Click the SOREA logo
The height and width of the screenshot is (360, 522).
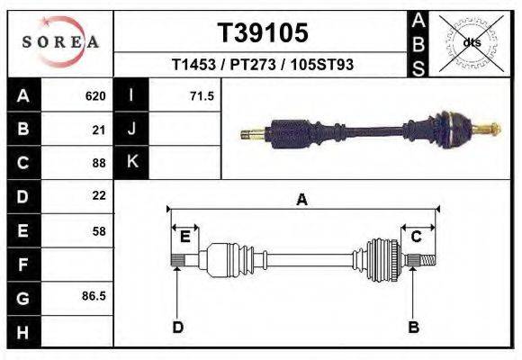pyautogui.click(x=60, y=42)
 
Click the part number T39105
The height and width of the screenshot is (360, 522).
pyautogui.click(x=263, y=32)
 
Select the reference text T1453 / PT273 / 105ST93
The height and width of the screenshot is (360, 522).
pyautogui.click(x=263, y=65)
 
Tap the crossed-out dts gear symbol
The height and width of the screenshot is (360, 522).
pyautogui.click(x=471, y=42)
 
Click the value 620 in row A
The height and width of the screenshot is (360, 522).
pyautogui.click(x=95, y=95)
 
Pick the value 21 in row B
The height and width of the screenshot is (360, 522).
pyautogui.click(x=99, y=130)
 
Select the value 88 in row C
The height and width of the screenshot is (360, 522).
pyautogui.click(x=99, y=163)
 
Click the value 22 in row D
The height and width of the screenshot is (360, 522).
pyautogui.click(x=99, y=195)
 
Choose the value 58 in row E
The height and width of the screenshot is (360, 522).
pyautogui.click(x=99, y=231)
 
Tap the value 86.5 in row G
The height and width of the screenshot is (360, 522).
pyautogui.click(x=94, y=295)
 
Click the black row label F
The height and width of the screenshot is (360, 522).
pyautogui.click(x=23, y=265)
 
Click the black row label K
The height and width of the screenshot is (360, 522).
pyautogui.click(x=131, y=162)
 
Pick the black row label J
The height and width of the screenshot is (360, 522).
pyautogui.click(x=131, y=129)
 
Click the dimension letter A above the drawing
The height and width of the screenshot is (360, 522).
pyautogui.click(x=302, y=201)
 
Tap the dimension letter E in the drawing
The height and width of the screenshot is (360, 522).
pyautogui.click(x=184, y=237)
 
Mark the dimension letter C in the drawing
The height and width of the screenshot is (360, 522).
pyautogui.click(x=417, y=237)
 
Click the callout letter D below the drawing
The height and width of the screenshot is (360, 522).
pyautogui.click(x=177, y=328)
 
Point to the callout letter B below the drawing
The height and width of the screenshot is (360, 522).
pyautogui.click(x=414, y=328)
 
